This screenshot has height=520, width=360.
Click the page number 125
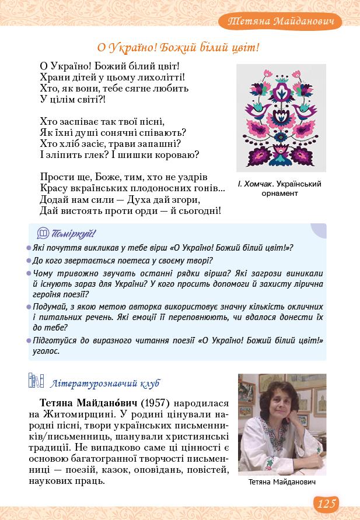pos(327,503)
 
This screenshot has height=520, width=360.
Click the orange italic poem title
pos(178,47)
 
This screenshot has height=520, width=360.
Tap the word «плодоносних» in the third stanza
pos(165,188)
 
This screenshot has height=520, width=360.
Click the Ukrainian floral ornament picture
pos(281,117)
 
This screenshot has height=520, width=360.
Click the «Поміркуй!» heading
pos(74,234)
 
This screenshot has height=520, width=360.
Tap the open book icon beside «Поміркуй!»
pos(43,234)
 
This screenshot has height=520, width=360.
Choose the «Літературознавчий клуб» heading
pos(105,383)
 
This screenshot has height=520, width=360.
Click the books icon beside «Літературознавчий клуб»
pos(36,382)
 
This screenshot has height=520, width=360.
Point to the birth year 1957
pos(155,403)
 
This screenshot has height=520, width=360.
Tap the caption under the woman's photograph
pos(282,482)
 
